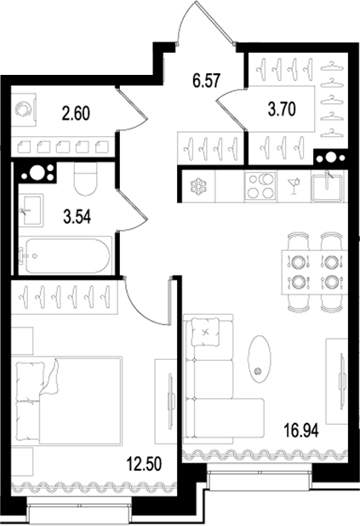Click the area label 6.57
(206, 81)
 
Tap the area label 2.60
(76, 113)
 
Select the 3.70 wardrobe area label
(282, 109)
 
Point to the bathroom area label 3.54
(77, 217)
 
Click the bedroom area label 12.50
(144, 464)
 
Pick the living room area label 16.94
(301, 431)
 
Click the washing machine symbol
(24, 110)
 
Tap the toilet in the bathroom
(86, 179)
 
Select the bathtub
(65, 255)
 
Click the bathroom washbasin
(31, 210)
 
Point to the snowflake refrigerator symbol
(198, 186)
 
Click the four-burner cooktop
(260, 186)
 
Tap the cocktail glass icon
(294, 186)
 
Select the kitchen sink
(328, 187)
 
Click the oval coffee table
(259, 358)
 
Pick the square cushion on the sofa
(206, 332)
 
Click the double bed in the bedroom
(67, 401)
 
